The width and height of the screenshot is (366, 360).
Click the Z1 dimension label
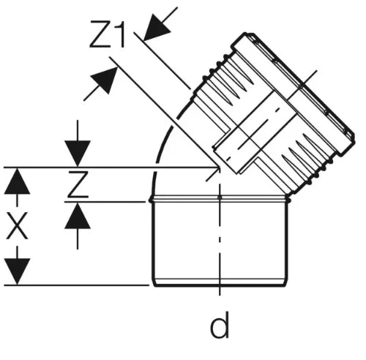(x=108, y=34)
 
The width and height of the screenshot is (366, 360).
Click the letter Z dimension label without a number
(x=78, y=184)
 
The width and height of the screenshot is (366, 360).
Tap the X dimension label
(x=17, y=225)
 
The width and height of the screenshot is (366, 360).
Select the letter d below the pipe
(x=220, y=325)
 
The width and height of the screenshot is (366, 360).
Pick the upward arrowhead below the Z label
(x=78, y=216)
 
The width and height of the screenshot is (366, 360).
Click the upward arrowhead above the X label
(x=17, y=181)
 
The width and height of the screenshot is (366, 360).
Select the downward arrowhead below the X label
(x=17, y=271)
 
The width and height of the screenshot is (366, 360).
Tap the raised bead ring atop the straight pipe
(x=220, y=199)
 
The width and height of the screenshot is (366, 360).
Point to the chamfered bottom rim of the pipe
(x=220, y=282)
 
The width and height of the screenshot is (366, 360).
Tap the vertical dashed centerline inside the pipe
(x=220, y=240)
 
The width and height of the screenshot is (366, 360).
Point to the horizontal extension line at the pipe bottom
(x=77, y=285)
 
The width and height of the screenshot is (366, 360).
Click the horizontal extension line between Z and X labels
(x=105, y=202)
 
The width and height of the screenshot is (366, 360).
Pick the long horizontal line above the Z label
(x=111, y=168)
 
